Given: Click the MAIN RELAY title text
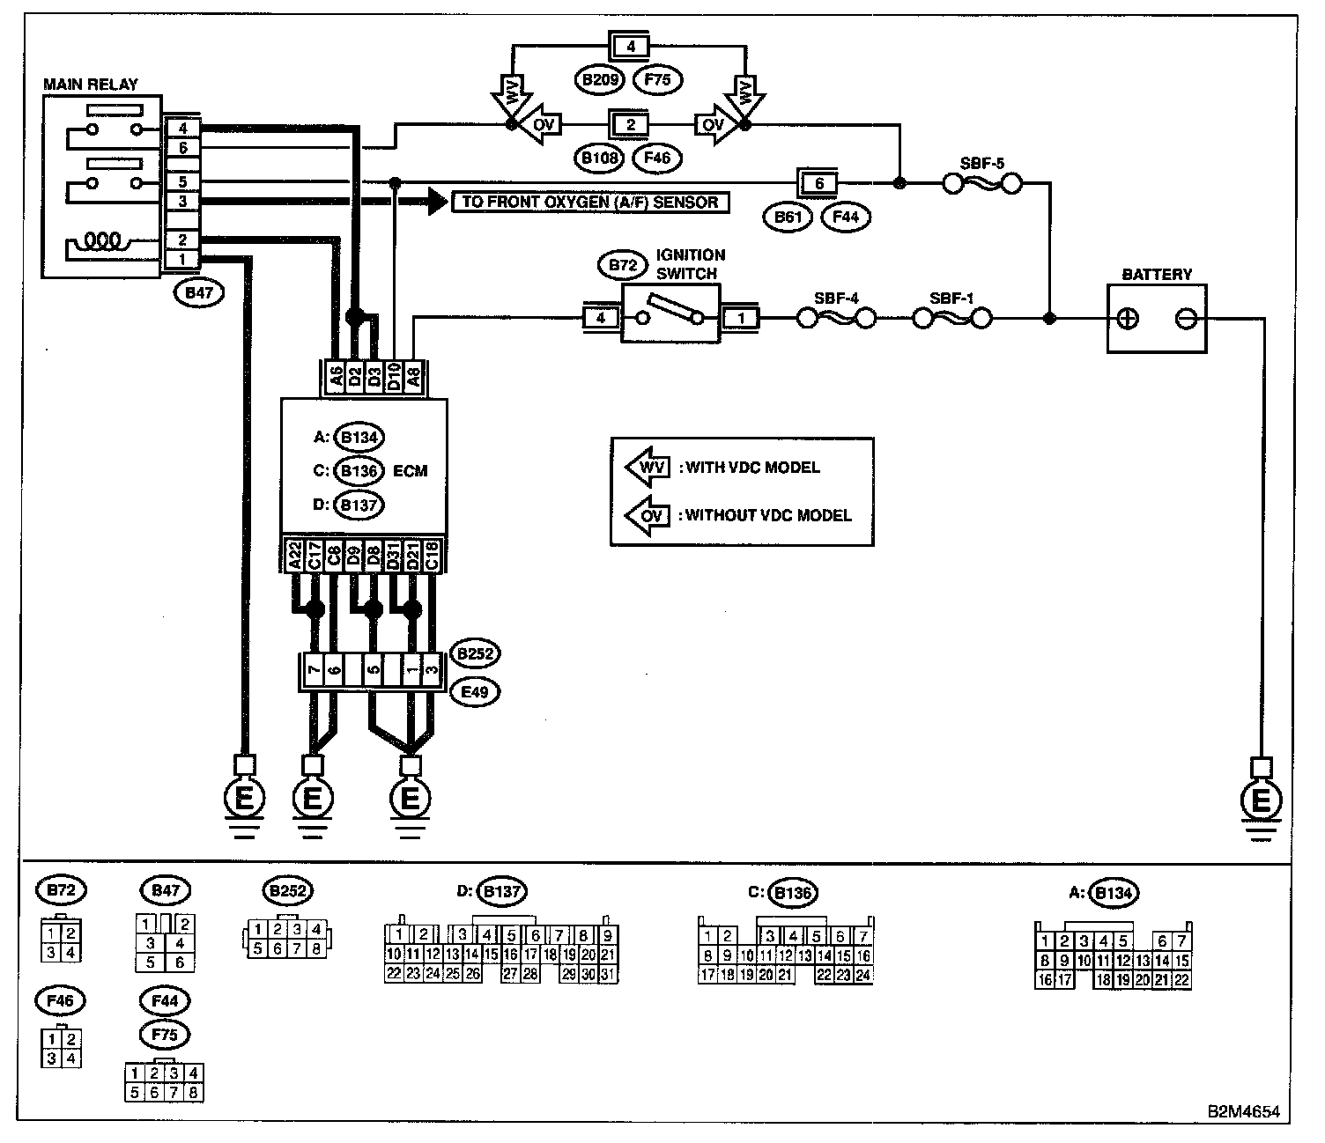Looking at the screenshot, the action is (x=91, y=85).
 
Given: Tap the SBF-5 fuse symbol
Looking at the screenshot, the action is (x=982, y=185).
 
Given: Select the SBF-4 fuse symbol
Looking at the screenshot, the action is (x=837, y=318).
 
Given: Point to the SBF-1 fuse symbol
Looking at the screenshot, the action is (x=952, y=318).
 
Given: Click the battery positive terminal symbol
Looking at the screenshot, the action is (x=1128, y=319).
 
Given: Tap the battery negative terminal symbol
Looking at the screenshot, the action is (x=1185, y=319).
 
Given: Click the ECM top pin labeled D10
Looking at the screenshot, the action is (x=394, y=376).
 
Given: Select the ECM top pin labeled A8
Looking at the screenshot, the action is (x=414, y=376).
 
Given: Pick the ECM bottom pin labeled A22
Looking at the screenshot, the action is (x=294, y=555).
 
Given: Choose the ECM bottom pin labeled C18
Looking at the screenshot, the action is (x=432, y=555).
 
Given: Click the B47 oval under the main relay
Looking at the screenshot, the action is (x=199, y=293).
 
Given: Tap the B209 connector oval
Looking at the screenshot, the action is (x=600, y=80).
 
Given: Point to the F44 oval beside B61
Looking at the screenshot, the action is (x=846, y=218).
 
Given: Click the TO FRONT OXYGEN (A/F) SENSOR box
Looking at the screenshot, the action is (x=590, y=203).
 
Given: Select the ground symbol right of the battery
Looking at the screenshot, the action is (x=1261, y=800).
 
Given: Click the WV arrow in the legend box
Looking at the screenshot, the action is (x=648, y=467).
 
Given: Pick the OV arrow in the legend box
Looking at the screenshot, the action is (x=648, y=515).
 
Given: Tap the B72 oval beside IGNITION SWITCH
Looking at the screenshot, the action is (x=623, y=265).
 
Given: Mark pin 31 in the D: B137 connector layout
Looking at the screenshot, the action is (x=607, y=974).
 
